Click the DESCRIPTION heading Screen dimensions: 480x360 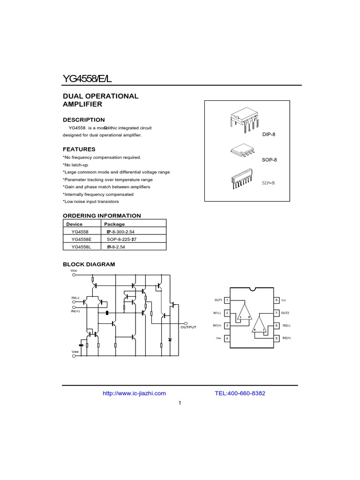84,120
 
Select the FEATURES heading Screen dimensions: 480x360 79,150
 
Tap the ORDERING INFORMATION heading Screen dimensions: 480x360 102,216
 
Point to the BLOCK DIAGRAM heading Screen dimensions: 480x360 89,264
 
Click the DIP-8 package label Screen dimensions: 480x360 270,135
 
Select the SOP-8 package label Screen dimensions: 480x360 270,160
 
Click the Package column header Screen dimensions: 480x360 114,224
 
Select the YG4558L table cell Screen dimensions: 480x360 82,247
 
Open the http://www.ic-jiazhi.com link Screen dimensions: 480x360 134,394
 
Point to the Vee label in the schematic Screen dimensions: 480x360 75,352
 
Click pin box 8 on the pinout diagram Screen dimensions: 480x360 277,300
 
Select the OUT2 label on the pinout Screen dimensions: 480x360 285,313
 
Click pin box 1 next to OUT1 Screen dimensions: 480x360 227,300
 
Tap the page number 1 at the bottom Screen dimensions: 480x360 180,403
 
